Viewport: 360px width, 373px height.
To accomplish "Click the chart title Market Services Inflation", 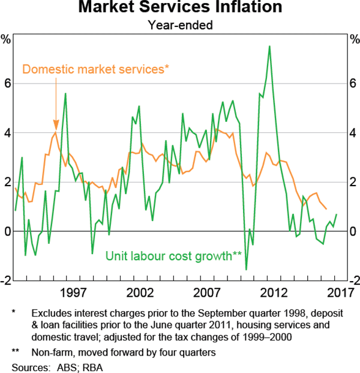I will (180, 8).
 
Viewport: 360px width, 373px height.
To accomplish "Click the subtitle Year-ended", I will (180, 25).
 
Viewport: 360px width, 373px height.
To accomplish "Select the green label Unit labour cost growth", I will (173, 256).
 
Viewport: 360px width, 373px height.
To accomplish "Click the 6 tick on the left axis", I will (8, 83).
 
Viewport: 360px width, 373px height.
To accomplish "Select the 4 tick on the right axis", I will (352, 133).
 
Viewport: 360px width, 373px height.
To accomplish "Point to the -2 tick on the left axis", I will (7, 281).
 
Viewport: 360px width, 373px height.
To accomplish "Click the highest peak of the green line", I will (269, 46).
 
